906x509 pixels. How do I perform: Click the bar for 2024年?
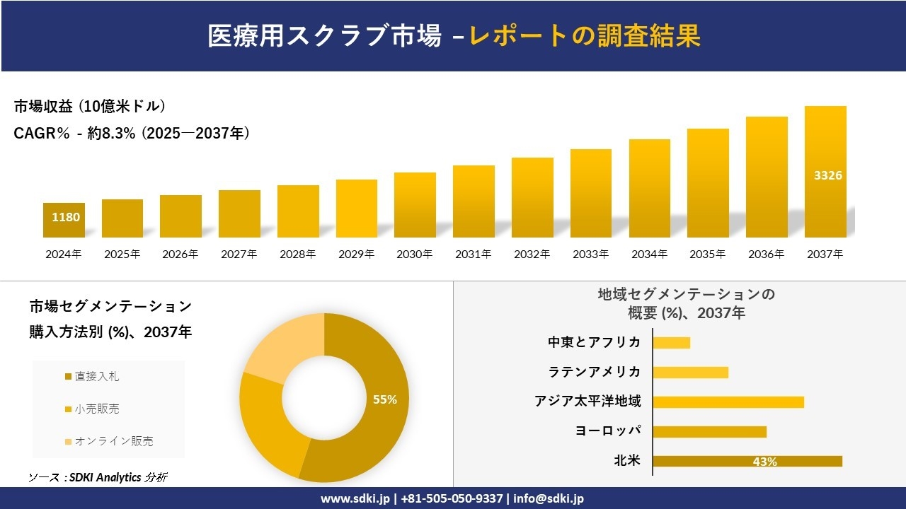(64, 221)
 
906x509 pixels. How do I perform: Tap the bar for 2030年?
(415, 205)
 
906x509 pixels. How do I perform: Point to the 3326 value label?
(827, 175)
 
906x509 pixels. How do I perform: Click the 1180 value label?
(66, 217)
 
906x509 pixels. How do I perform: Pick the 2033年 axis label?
(590, 255)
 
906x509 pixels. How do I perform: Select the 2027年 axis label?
(239, 255)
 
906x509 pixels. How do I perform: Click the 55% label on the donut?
(385, 399)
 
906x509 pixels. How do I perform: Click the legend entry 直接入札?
(96, 376)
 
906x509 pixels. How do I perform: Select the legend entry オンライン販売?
(113, 441)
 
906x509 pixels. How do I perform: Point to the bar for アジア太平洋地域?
(728, 402)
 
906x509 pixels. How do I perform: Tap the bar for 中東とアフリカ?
(671, 342)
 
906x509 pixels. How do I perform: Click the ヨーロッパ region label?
(608, 431)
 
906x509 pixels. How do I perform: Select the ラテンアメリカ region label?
(595, 372)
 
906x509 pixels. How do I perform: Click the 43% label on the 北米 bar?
(764, 462)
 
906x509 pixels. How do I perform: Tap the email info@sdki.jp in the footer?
(549, 498)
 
